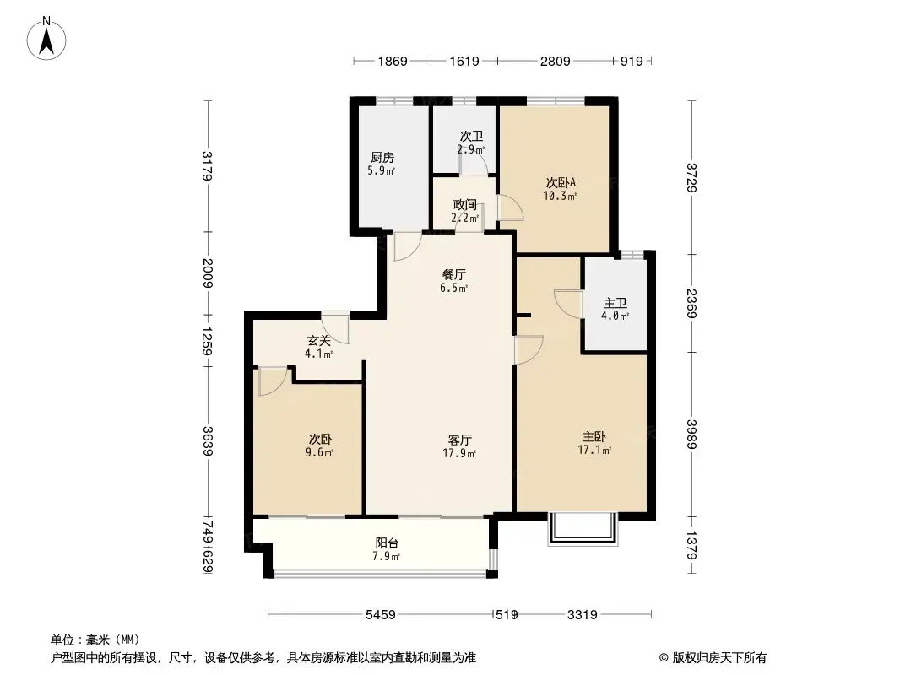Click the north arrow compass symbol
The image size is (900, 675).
pos(46,39)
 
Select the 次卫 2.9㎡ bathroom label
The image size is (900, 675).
pos(471,143)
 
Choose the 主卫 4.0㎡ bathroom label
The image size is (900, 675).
pos(615,309)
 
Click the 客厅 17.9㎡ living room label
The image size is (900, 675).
pos(460,446)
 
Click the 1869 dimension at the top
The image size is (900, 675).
pos(393,61)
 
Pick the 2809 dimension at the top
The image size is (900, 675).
pos(555,61)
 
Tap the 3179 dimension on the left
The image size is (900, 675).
pos(207,165)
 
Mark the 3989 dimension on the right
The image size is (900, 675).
pos(693,435)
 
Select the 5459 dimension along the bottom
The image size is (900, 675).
pos(381,615)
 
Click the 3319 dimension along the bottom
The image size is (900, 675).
pos(583,615)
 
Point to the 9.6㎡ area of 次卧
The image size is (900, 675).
pos(320,452)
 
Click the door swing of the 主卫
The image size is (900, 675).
pos(567,302)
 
